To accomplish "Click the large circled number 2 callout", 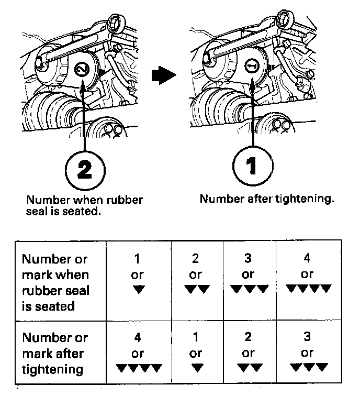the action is (x=85, y=170).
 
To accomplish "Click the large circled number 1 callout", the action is (x=253, y=166).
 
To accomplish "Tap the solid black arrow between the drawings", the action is (x=163, y=75).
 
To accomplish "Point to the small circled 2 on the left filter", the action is (x=82, y=69).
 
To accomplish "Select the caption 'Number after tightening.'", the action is (x=267, y=199).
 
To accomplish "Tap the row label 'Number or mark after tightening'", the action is (x=55, y=354).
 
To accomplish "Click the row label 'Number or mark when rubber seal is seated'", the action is (x=55, y=283).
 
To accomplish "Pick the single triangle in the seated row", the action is (x=139, y=289).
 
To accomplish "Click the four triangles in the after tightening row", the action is (x=139, y=368).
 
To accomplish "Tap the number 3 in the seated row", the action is (x=248, y=258).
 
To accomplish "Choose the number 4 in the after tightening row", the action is (x=138, y=337).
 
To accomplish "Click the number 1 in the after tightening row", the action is (x=196, y=337).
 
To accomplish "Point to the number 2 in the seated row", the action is (x=196, y=258).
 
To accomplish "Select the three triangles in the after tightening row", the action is (x=309, y=367).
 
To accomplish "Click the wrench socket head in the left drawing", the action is (x=117, y=24).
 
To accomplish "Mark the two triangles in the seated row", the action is (x=197, y=289).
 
